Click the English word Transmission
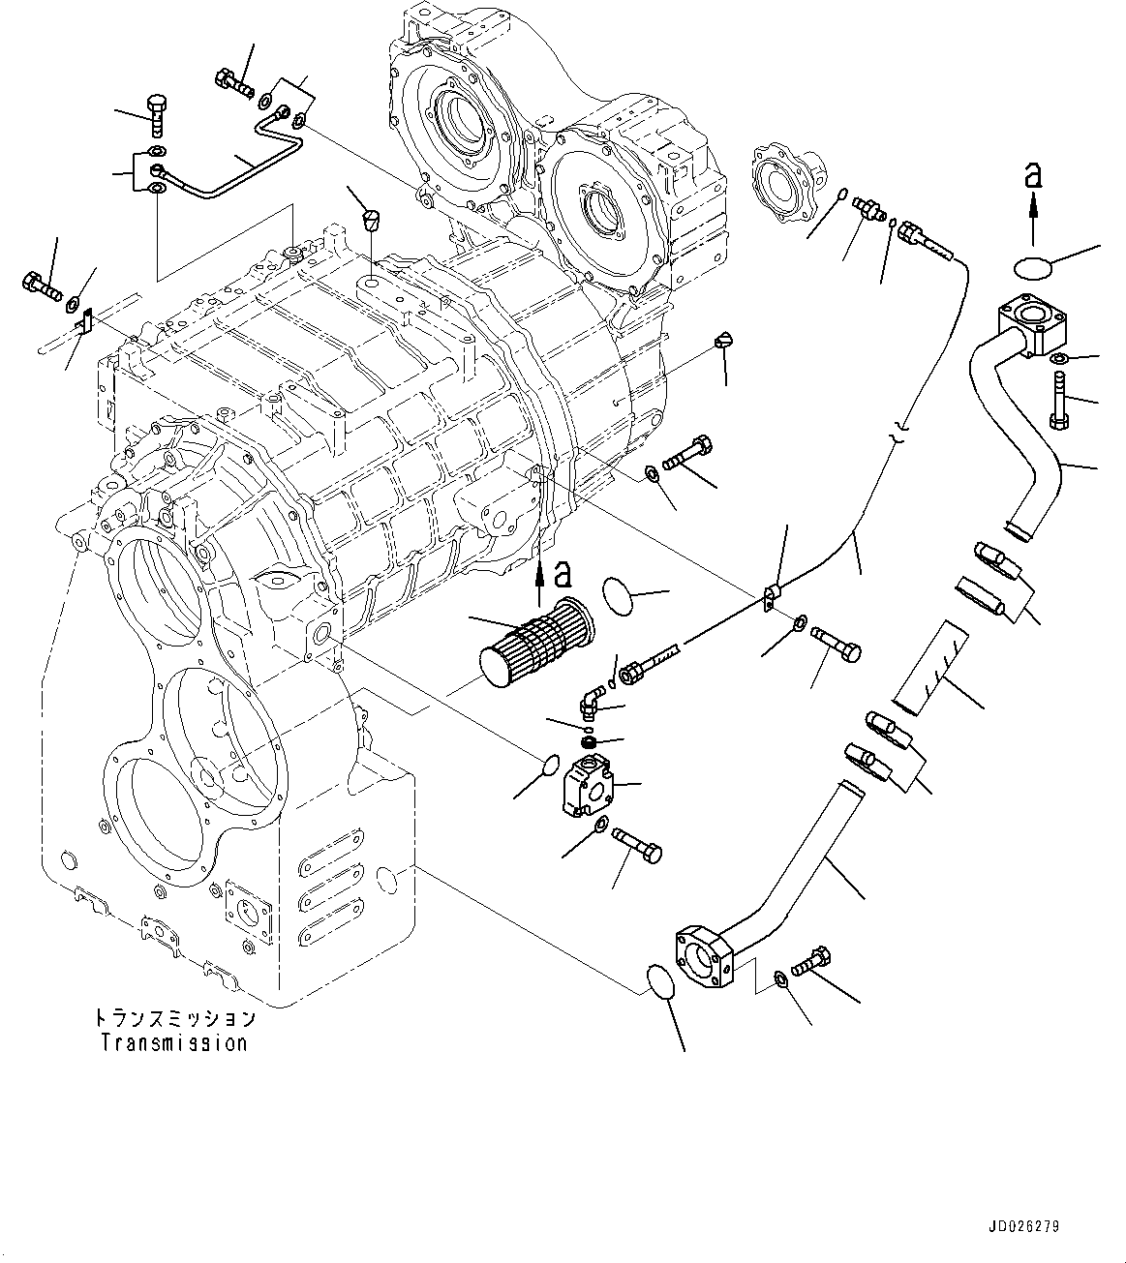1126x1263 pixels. [x=174, y=1043]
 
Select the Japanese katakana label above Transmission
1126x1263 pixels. [x=174, y=1018]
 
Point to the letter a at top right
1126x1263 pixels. [x=1033, y=175]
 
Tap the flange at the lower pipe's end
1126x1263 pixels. [x=699, y=958]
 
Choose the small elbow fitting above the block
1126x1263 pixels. [x=593, y=698]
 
